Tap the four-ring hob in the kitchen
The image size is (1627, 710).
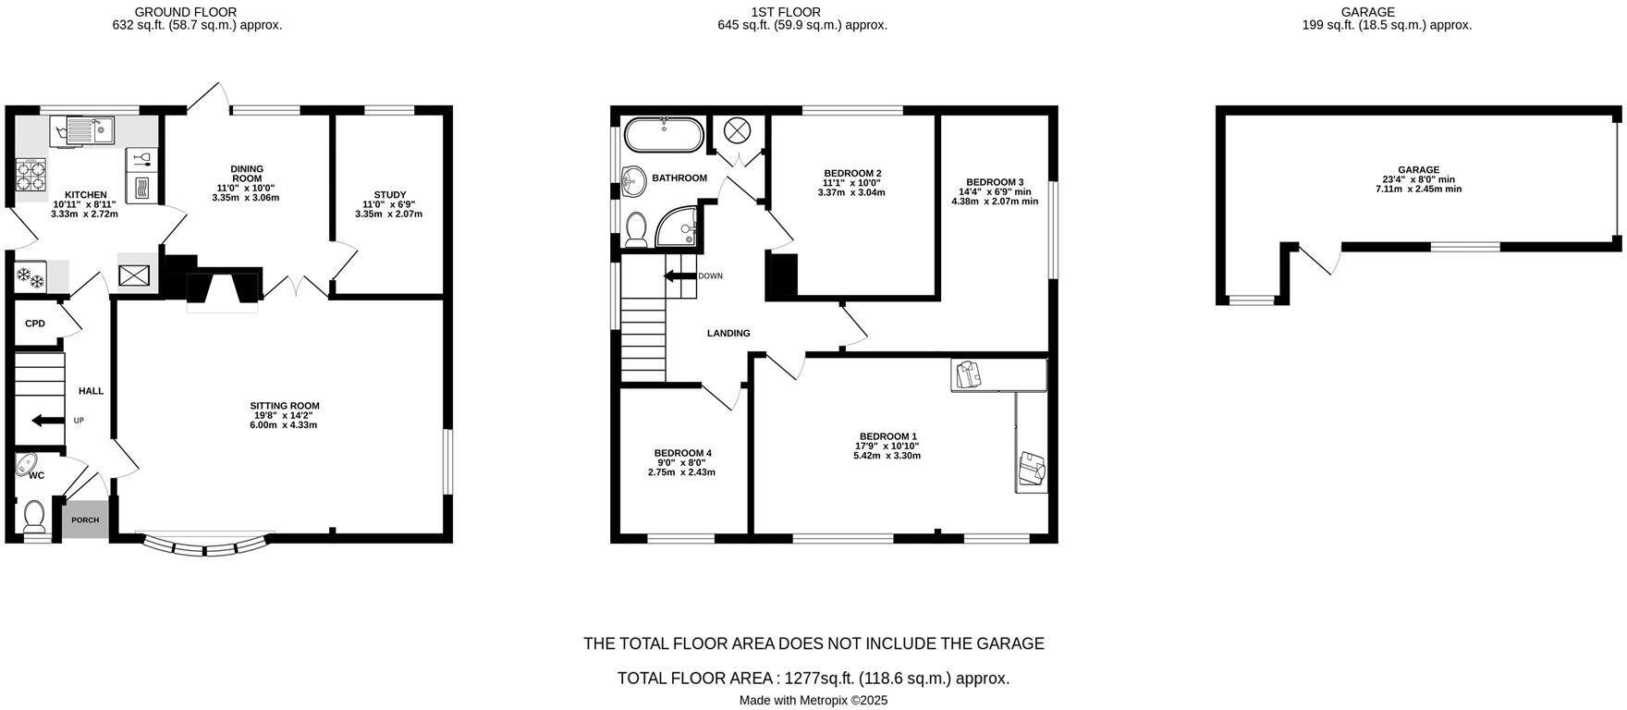[x=31, y=175]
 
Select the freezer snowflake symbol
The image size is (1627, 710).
[x=31, y=276]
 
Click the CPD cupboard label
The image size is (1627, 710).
[x=35, y=324]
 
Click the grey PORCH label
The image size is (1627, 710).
[x=85, y=520]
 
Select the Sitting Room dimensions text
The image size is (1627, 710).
[x=285, y=421]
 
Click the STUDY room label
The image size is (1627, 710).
[x=390, y=195]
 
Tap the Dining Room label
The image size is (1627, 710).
[x=247, y=174]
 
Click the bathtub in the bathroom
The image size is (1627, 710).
[x=663, y=135]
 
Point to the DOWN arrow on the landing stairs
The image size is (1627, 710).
[x=679, y=275]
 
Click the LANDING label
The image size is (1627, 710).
[x=728, y=333]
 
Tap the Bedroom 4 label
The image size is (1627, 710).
[x=681, y=453]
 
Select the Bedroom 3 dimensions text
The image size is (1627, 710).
[x=995, y=197]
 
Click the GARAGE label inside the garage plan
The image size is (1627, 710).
[x=1418, y=170]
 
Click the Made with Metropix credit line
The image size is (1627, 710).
[x=813, y=700]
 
